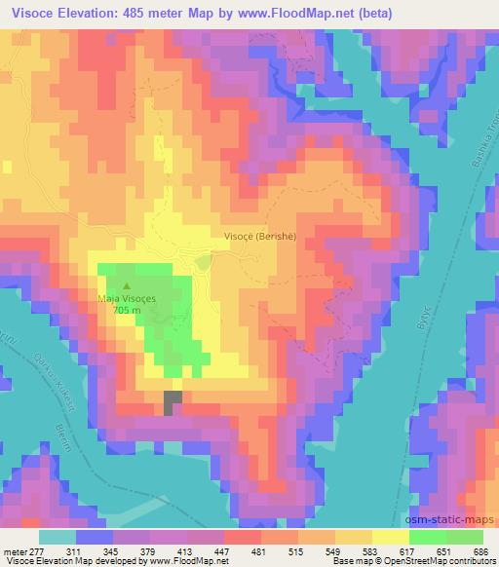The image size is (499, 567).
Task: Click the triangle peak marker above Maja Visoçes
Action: coord(125,286)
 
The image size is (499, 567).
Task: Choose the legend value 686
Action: coord(480,551)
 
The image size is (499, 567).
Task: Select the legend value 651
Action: coord(442,551)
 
